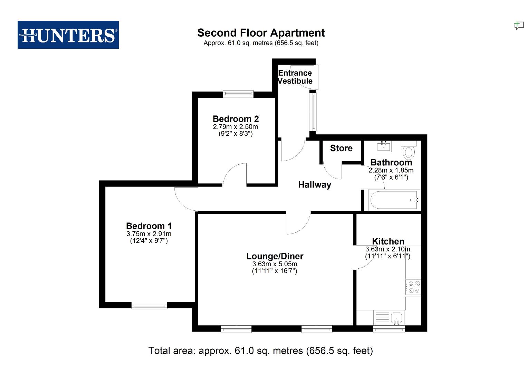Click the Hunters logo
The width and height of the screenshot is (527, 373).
click(x=68, y=35)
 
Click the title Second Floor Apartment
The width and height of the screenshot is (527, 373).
click(x=261, y=33)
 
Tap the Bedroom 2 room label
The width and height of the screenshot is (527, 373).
click(x=236, y=119)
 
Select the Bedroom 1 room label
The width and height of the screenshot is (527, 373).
click(x=149, y=226)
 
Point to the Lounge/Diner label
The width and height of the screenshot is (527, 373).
click(x=275, y=256)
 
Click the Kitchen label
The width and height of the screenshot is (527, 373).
click(x=388, y=241)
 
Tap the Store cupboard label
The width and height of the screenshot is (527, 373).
click(x=341, y=148)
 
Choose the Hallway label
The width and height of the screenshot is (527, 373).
click(x=315, y=185)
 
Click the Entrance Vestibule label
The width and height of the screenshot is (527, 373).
click(x=295, y=77)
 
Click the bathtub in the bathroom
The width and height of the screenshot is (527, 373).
click(x=394, y=200)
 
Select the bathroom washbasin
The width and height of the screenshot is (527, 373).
click(x=384, y=146)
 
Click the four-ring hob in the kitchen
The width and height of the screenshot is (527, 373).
click(x=413, y=287)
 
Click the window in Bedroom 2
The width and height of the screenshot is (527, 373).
click(x=238, y=94)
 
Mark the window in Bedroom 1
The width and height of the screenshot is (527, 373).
click(x=149, y=305)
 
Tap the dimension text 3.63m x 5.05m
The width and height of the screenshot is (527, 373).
click(x=275, y=264)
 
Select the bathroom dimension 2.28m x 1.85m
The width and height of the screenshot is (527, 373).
click(x=391, y=170)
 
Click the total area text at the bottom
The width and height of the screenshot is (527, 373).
click(x=261, y=351)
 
